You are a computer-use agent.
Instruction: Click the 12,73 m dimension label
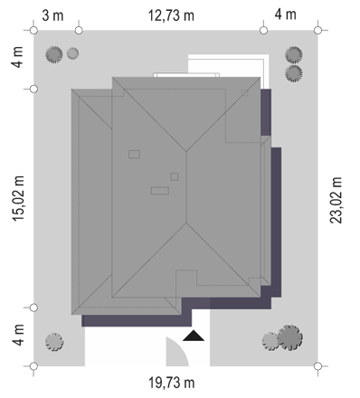tap(171, 15)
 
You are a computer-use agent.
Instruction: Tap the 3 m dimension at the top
tap(52, 15)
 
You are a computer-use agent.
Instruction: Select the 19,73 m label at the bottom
tap(172, 383)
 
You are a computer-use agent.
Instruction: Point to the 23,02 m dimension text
tap(336, 200)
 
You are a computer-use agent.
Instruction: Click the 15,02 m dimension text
tap(18, 198)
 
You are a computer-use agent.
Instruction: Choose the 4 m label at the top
tap(285, 14)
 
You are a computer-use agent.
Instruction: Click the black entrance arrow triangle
tap(194, 336)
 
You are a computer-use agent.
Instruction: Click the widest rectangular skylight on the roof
tap(160, 191)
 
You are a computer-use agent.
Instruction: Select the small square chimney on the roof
tap(175, 176)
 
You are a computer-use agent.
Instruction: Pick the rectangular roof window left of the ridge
tap(134, 155)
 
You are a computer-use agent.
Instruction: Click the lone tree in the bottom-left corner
tap(54, 342)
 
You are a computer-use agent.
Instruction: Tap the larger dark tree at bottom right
tap(289, 337)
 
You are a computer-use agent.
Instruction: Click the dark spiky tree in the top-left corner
tap(54, 54)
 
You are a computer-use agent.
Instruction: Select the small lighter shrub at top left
tap(72, 53)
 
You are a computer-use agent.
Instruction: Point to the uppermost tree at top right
tap(294, 55)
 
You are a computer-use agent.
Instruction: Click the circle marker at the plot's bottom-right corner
tap(317, 366)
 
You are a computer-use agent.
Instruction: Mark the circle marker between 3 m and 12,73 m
tap(79, 31)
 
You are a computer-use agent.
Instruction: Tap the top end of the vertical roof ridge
tap(186, 151)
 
